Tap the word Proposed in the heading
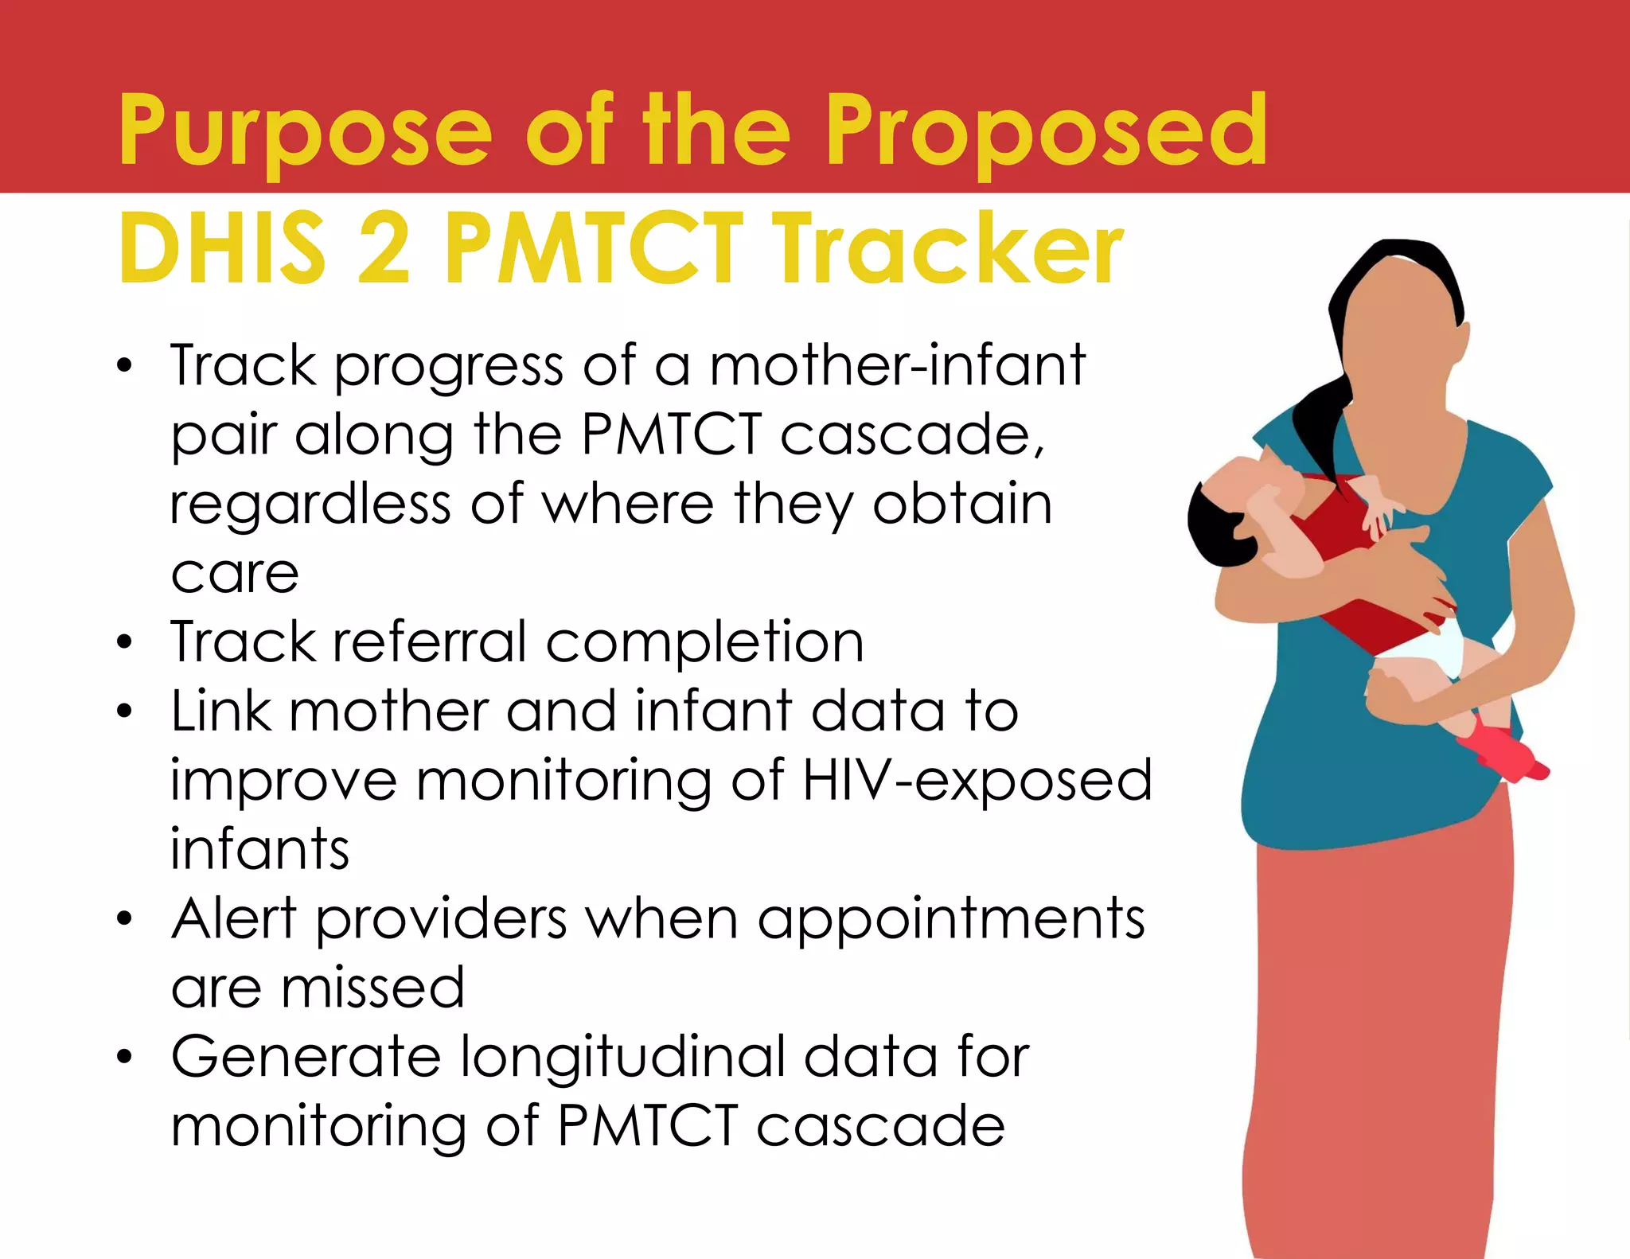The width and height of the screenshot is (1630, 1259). pyautogui.click(x=1047, y=131)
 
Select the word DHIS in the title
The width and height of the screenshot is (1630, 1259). pyautogui.click(x=222, y=248)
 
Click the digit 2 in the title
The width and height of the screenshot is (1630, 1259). pyautogui.click(x=384, y=248)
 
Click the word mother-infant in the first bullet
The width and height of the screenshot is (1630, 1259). pyautogui.click(x=897, y=366)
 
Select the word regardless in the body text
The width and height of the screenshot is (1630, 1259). pyautogui.click(x=310, y=506)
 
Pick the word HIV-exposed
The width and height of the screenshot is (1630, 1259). pyautogui.click(x=977, y=781)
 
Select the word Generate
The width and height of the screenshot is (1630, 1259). pyautogui.click(x=306, y=1058)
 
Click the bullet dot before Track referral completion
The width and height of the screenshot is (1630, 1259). pyautogui.click(x=124, y=641)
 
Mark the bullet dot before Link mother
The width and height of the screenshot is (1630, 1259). pyautogui.click(x=124, y=711)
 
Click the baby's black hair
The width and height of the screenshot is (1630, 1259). pyautogui.click(x=1214, y=526)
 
